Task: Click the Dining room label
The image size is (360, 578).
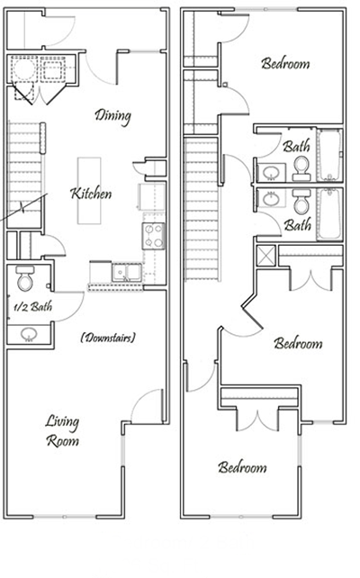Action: (113, 115)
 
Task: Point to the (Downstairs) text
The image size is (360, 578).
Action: (107, 338)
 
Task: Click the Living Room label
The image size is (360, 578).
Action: (63, 431)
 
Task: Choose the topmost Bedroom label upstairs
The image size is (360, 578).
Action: (285, 64)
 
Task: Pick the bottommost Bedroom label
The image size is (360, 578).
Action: (242, 468)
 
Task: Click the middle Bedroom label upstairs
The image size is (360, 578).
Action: (298, 343)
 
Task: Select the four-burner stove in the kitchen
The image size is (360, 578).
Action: (153, 236)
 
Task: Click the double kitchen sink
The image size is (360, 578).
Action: (123, 272)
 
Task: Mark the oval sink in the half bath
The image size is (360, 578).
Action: (28, 334)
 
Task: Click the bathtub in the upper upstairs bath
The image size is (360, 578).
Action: (329, 155)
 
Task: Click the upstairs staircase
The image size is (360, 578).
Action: (202, 207)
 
